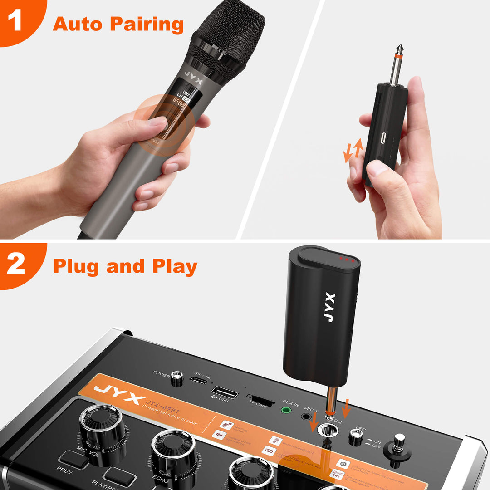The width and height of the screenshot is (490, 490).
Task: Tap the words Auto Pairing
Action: (118, 24)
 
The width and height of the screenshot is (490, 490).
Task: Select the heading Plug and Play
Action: (125, 266)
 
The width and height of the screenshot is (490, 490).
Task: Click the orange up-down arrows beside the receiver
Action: (353, 150)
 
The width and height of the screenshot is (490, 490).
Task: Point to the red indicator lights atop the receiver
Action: (346, 260)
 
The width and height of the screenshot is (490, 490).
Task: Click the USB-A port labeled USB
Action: (225, 392)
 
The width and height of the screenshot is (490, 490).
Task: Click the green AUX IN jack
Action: (286, 410)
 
